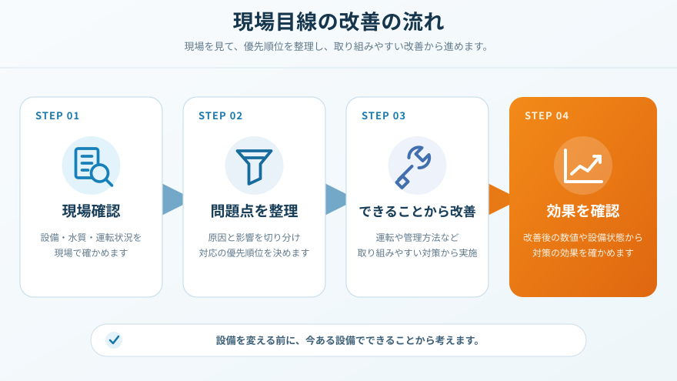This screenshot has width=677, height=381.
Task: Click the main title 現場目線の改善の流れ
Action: click(338, 22)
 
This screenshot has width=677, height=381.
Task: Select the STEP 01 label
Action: click(58, 115)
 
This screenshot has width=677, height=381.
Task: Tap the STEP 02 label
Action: click(221, 115)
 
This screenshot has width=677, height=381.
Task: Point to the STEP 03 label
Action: click(384, 115)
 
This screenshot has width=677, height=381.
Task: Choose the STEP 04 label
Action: click(547, 115)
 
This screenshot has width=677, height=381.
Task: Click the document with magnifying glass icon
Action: click(92, 166)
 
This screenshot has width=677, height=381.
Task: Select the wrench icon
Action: click(413, 167)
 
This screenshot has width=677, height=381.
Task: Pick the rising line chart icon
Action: click(583, 166)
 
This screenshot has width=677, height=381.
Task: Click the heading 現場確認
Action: click(91, 211)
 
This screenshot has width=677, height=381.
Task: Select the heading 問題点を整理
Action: click(255, 211)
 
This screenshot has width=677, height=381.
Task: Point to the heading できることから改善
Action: click(418, 211)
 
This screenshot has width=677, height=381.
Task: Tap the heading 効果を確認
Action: click(583, 211)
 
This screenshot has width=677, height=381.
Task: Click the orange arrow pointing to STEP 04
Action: click(499, 199)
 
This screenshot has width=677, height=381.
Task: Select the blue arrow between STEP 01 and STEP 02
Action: click(172, 199)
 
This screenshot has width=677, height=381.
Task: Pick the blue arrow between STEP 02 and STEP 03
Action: click(335, 199)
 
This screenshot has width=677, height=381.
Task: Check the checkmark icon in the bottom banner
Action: click(114, 340)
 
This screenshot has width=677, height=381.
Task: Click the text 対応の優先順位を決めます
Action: click(255, 252)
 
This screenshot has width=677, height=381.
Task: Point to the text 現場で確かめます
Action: click(91, 252)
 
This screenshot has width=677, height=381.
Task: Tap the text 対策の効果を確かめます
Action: click(583, 252)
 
